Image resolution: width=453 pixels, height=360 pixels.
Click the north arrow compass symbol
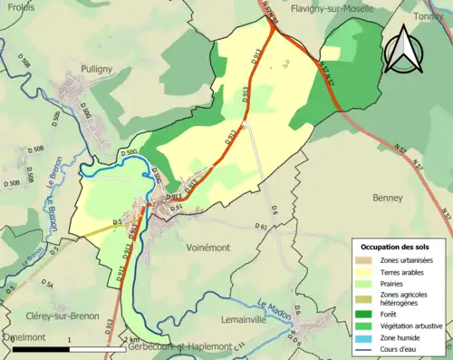pos(404,49)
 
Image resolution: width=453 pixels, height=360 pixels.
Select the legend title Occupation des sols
pos(395,247)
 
